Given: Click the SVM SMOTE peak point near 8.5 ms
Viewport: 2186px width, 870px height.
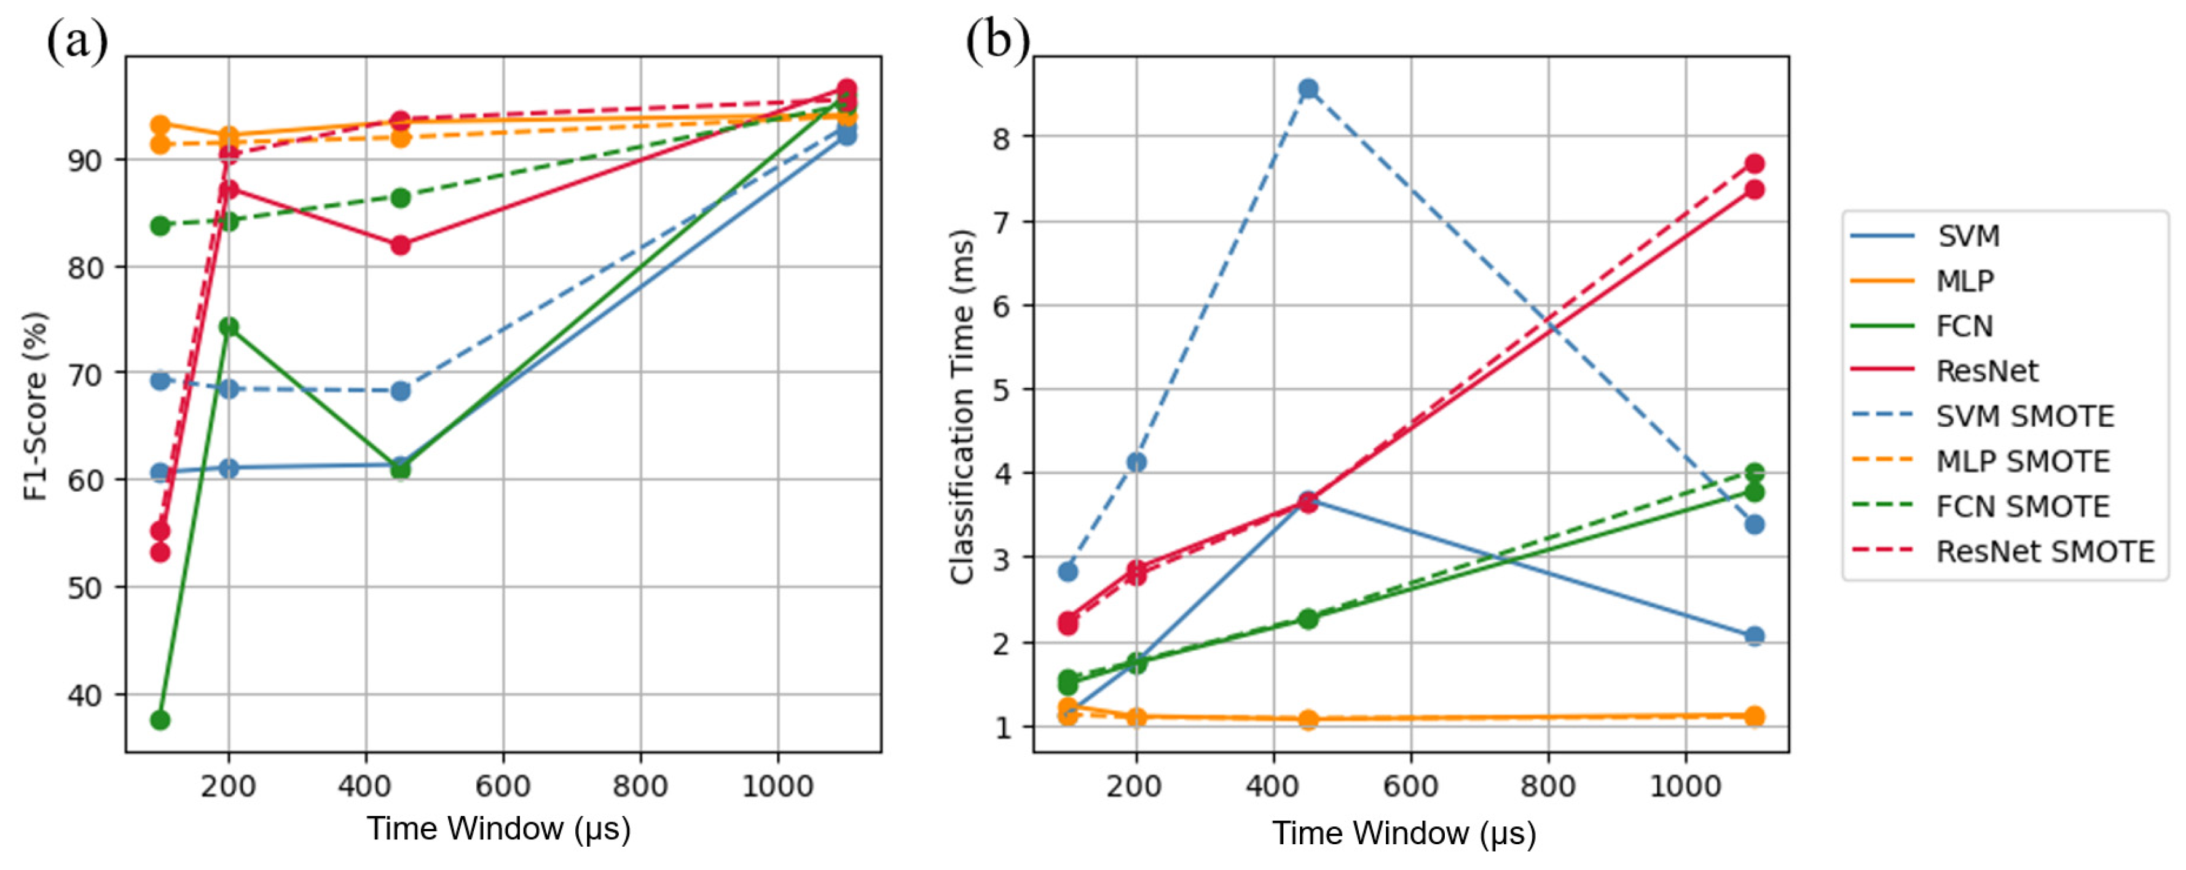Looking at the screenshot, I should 1308,89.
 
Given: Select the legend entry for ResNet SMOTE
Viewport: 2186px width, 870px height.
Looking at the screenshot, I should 2044,552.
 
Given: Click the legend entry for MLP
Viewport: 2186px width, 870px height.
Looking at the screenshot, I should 1965,281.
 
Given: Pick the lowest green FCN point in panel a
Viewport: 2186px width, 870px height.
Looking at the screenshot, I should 160,720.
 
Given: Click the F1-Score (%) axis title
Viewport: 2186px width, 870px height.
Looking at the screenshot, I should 36,407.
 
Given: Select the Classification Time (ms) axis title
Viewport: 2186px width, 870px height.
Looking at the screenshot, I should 961,407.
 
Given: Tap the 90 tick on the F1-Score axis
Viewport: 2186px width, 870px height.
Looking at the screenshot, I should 85,160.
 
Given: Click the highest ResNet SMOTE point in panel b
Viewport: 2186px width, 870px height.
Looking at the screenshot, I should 1754,164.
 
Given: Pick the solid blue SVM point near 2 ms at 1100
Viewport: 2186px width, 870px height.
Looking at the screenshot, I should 1754,636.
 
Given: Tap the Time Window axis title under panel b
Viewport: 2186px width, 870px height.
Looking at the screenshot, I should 1404,834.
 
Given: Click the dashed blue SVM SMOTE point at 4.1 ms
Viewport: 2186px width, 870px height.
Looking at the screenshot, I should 1136,462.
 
